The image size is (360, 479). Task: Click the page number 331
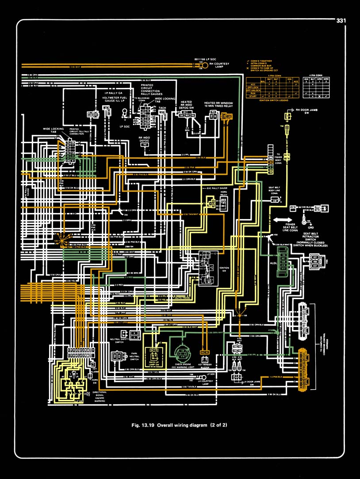[341, 20]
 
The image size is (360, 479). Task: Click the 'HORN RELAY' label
[223, 193]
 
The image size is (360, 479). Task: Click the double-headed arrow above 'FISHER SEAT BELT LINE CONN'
[283, 219]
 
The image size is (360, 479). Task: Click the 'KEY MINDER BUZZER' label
[205, 366]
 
